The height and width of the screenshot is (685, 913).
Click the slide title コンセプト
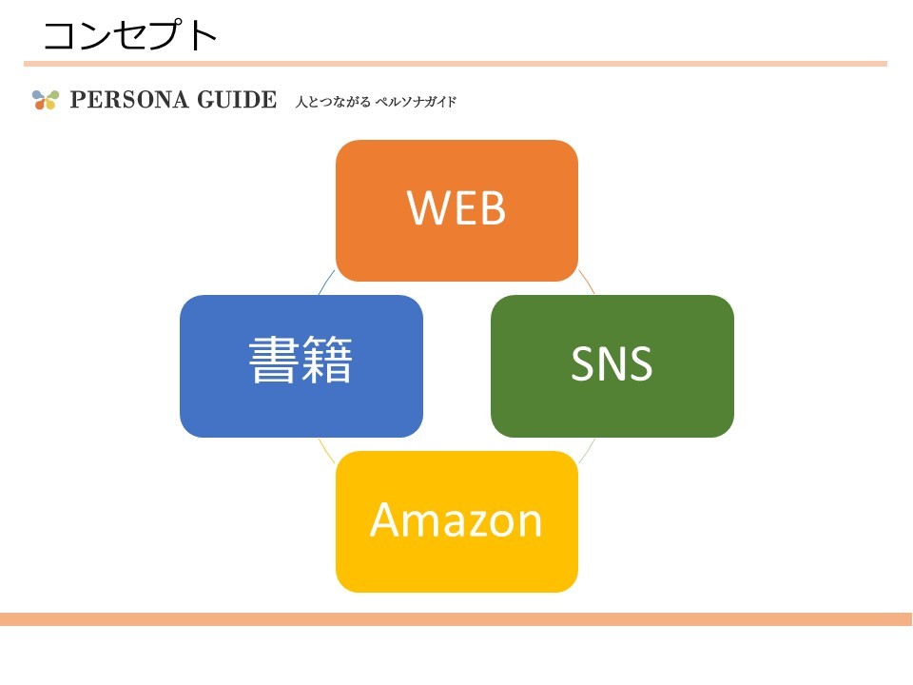[x=130, y=35]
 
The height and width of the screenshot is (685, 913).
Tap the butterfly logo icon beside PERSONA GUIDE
[x=45, y=100]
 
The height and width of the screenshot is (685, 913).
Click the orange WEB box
[x=456, y=210]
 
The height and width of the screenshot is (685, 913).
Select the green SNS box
[x=612, y=366]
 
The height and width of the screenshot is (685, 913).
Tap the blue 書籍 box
[x=301, y=366]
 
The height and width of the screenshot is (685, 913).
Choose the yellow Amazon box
[x=456, y=521]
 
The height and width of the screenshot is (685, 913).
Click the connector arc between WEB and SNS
[x=586, y=282]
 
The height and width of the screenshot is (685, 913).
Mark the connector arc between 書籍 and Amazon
[x=326, y=449]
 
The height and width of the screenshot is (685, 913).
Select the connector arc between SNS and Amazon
[x=587, y=449]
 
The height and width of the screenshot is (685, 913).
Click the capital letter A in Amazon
[x=384, y=519]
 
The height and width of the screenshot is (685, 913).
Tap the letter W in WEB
[x=425, y=208]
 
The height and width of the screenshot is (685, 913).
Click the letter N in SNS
[x=612, y=364]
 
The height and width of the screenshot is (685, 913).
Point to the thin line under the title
[x=456, y=64]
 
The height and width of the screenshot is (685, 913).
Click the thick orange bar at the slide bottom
[x=456, y=619]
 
